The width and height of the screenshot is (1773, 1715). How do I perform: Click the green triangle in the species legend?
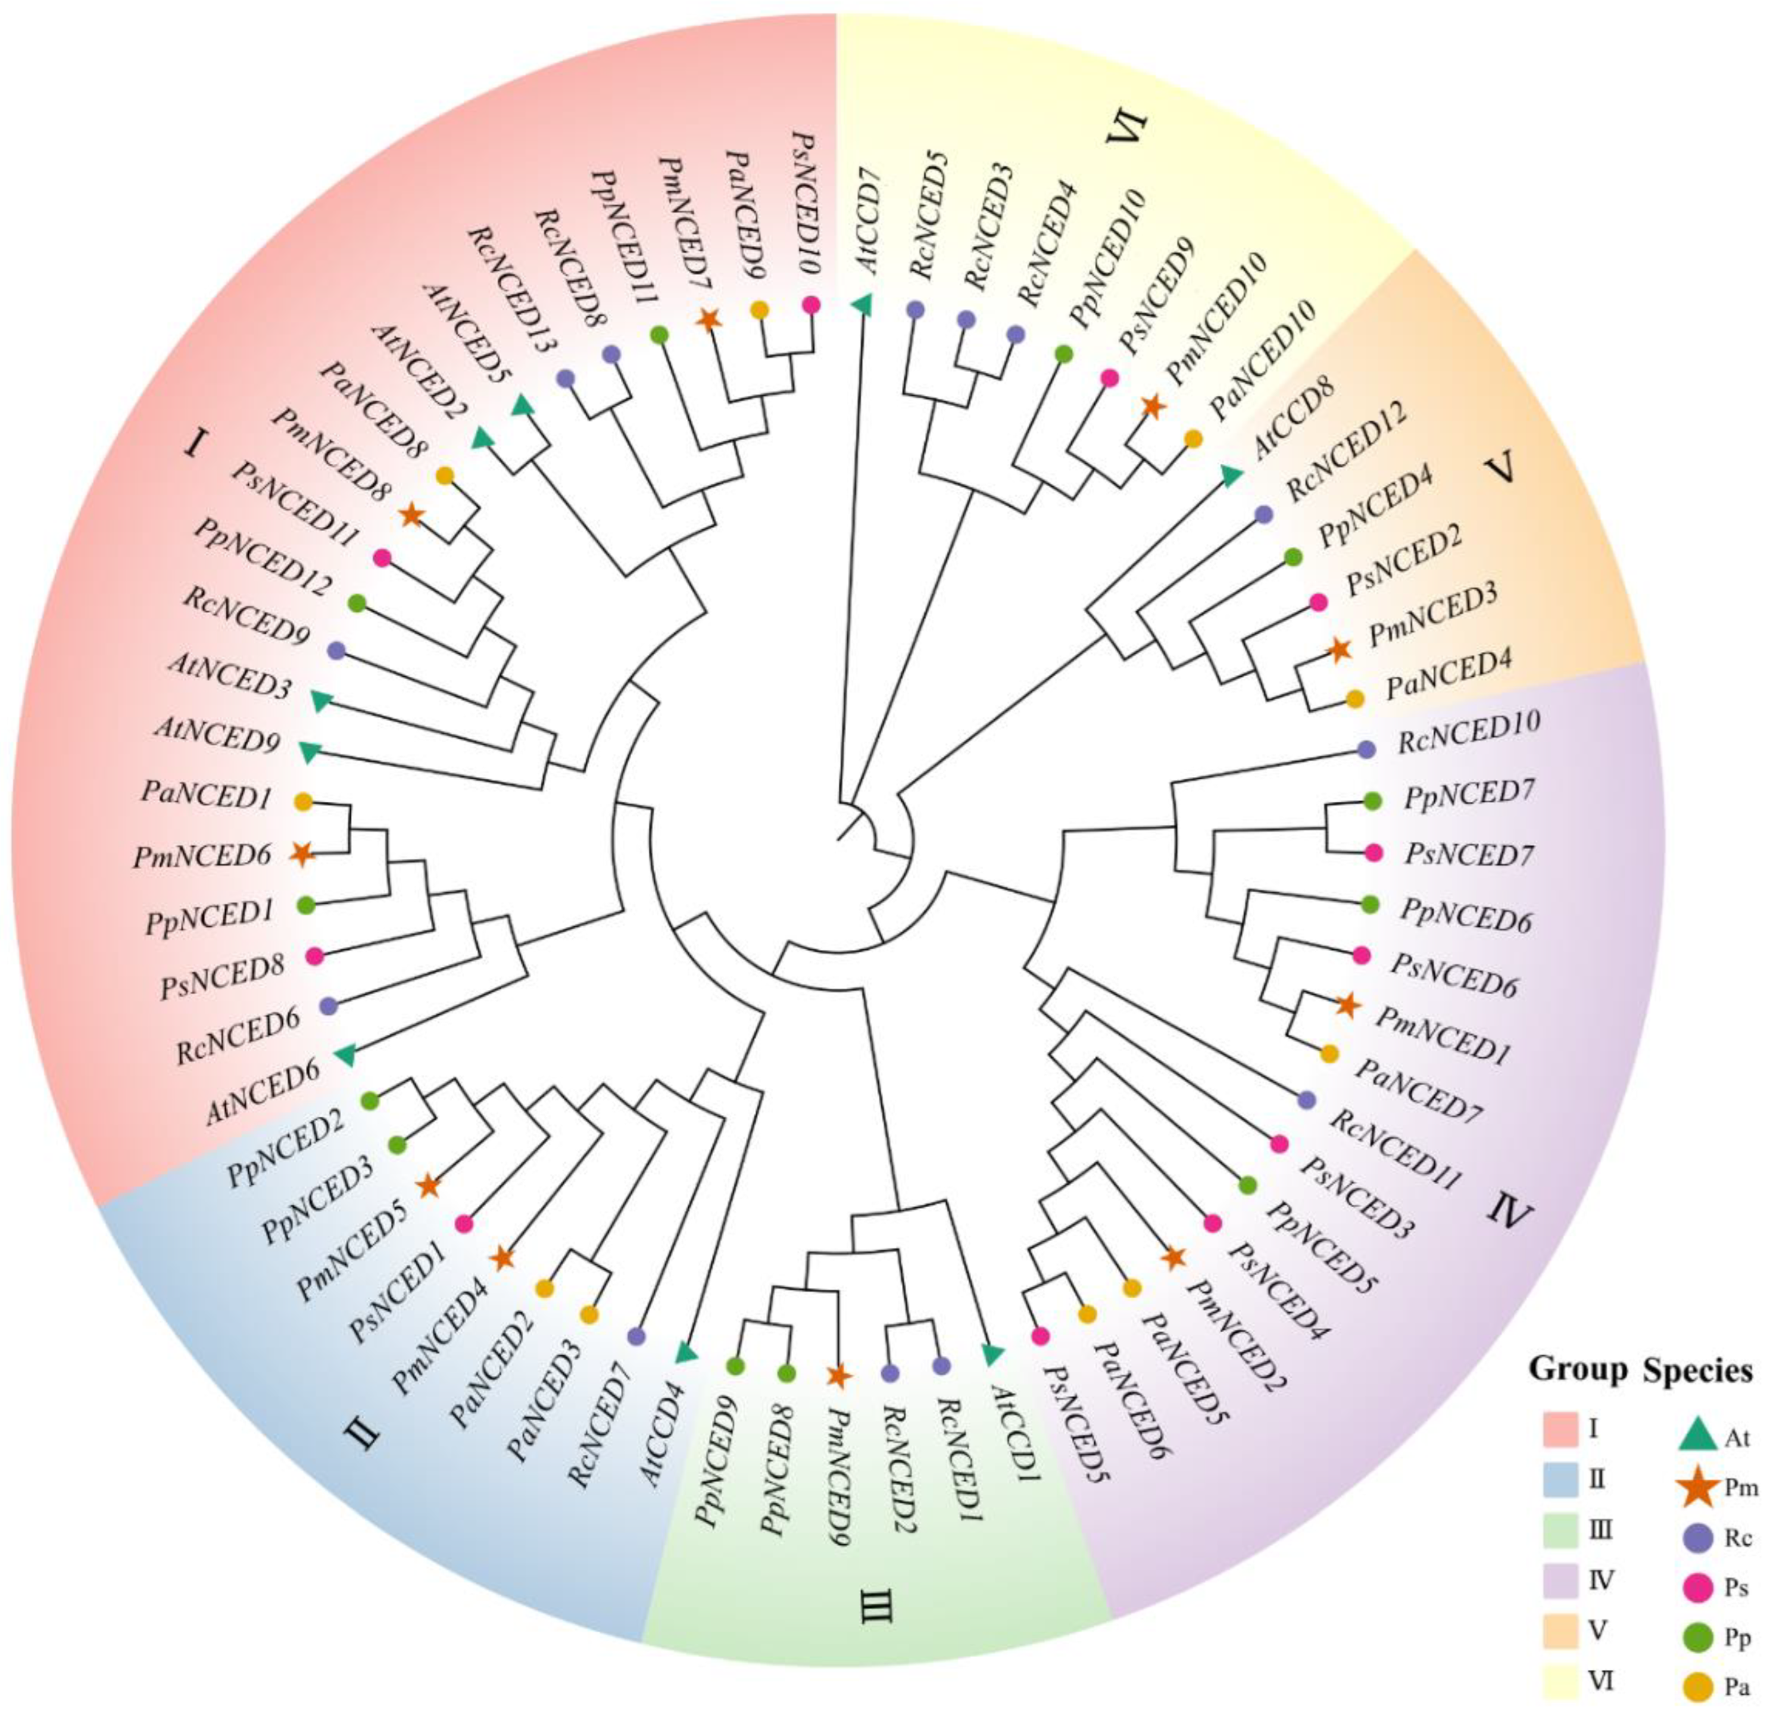[1699, 1436]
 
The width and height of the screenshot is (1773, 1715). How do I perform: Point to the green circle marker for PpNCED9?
[735, 1364]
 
